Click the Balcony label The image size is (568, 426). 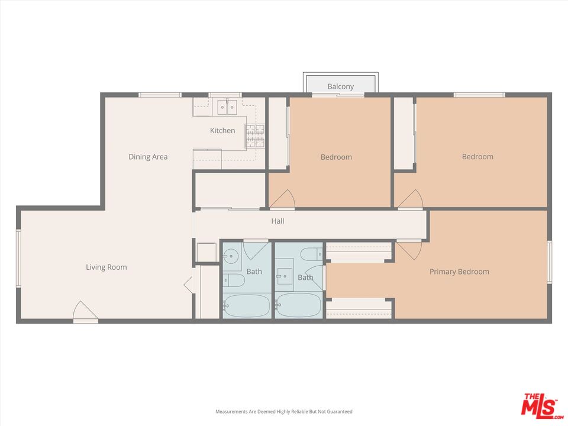pos(341,86)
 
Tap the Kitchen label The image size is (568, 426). pos(222,131)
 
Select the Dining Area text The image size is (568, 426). pos(148,157)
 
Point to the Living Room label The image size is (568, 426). pos(106,267)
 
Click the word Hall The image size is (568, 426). pos(277,221)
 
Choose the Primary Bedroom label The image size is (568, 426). pos(459,272)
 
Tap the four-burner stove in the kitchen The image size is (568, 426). pos(255,136)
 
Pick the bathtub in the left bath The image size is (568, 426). pos(247,305)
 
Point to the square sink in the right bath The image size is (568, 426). pos(285,275)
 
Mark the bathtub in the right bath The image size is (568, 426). pos(298,305)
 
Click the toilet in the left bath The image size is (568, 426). pos(234,280)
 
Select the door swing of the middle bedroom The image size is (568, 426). pos(282,199)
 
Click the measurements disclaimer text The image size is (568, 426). pos(283,411)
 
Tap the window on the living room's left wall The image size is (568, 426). pos(18,259)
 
